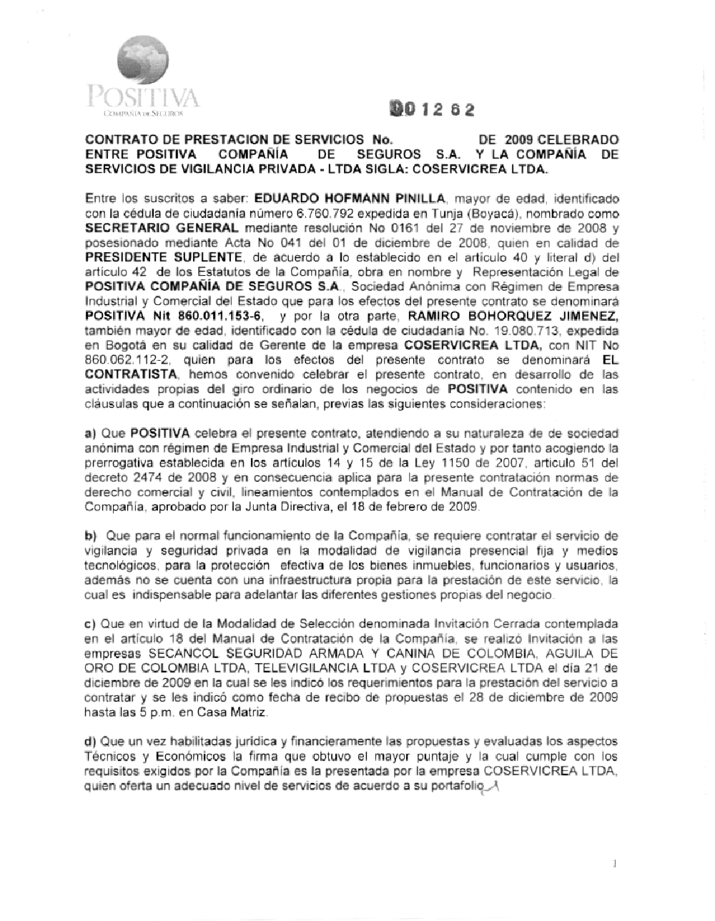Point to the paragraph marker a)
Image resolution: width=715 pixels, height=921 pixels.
coord(90,433)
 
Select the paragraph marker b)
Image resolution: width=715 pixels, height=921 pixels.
coord(90,536)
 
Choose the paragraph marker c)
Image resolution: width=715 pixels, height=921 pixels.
coord(90,624)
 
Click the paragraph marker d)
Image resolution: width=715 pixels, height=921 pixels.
coord(90,740)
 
